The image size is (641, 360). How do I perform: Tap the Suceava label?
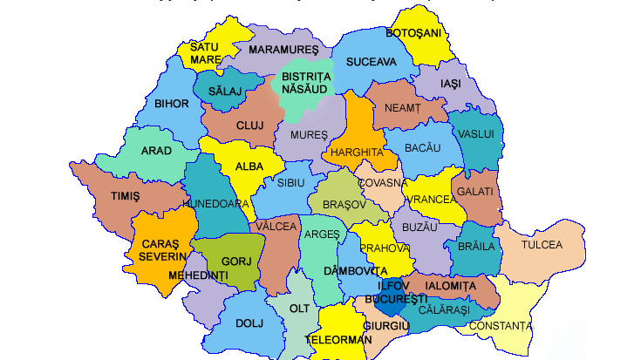[x=370, y=62]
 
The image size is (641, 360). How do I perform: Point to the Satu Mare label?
[x=206, y=52]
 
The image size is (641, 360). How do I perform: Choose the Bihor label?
[x=171, y=104]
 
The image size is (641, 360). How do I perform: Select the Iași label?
[x=450, y=84]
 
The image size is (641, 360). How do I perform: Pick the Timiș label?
[x=125, y=196]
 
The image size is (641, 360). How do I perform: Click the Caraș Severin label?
[x=158, y=248]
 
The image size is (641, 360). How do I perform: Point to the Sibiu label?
[x=290, y=184]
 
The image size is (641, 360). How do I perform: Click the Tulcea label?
[x=542, y=245]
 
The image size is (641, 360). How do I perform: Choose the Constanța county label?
[x=500, y=326]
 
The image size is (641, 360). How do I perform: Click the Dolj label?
[x=249, y=323]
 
